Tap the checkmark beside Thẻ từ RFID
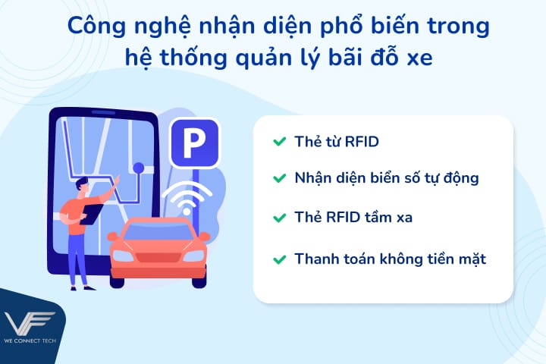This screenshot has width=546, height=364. [x=278, y=141]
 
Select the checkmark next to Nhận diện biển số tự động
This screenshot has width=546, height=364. [x=278, y=178]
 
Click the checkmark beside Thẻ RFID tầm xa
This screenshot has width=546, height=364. [x=278, y=218]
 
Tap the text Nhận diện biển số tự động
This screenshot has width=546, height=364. [x=387, y=178]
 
